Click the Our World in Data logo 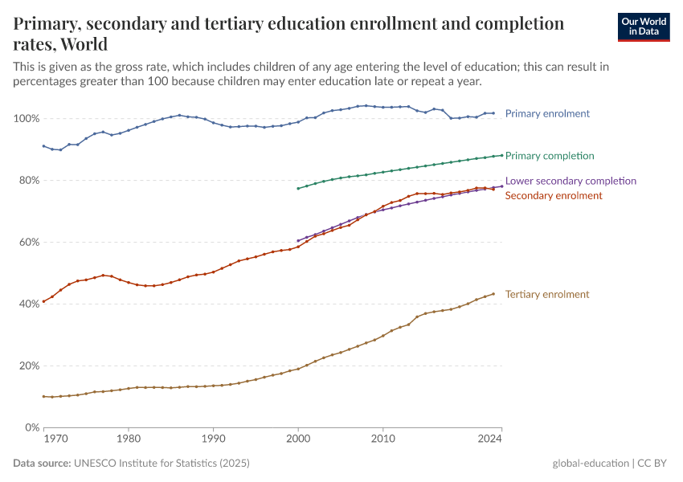[x=643, y=27]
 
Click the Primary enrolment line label [x=547, y=113]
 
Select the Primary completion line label [x=550, y=155]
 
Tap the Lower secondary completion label [x=571, y=181]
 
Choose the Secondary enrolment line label [x=554, y=195]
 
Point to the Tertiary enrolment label [x=547, y=294]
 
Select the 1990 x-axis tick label [x=213, y=439]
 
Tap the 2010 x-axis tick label [x=383, y=439]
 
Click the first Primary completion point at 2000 [x=298, y=189]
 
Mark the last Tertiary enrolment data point [x=493, y=294]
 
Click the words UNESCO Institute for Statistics [x=162, y=464]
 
